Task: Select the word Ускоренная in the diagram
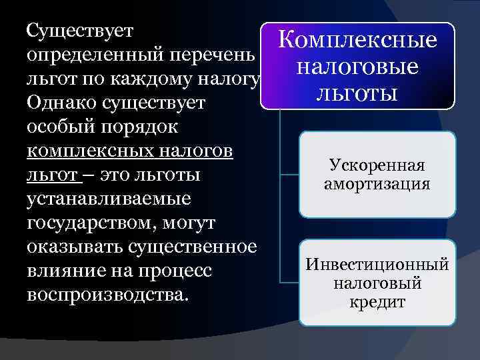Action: click(x=377, y=165)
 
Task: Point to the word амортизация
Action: click(x=377, y=183)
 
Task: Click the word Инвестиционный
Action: click(x=377, y=265)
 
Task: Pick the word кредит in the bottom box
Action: click(x=377, y=301)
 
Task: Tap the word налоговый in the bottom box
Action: click(x=377, y=283)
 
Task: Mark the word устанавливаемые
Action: click(x=109, y=199)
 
